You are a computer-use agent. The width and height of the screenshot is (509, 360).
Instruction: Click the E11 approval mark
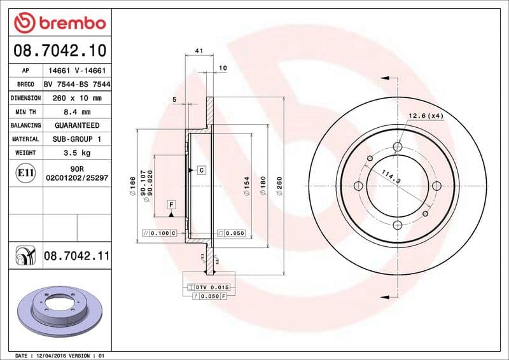tap(26, 172)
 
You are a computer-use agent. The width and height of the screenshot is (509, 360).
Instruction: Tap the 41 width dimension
tap(199, 50)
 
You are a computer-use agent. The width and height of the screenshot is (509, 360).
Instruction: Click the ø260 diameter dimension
tap(279, 185)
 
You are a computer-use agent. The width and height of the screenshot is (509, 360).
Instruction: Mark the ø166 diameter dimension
tap(132, 185)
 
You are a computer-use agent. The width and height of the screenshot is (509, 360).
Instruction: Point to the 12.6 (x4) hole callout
tap(425, 116)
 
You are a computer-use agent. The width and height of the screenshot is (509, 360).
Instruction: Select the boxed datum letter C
tap(201, 170)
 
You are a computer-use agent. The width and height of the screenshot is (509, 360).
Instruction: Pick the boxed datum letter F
tap(171, 205)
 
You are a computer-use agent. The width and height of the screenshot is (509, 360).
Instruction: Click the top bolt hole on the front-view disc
tap(398, 148)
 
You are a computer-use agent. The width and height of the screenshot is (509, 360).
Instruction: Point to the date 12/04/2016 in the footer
tap(53, 355)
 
